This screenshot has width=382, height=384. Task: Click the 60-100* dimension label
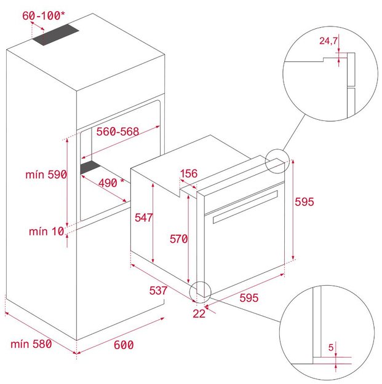tap(44, 16)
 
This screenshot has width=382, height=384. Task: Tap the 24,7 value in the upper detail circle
tap(328, 41)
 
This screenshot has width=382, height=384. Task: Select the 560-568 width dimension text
tap(117, 131)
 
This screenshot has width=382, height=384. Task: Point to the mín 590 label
tap(46, 174)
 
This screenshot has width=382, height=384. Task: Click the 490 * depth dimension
tap(111, 182)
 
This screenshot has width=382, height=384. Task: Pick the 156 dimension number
tap(189, 173)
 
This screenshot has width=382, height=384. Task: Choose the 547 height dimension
tap(144, 217)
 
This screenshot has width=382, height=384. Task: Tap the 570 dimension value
tap(179, 239)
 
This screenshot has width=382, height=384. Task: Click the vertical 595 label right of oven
tap(304, 202)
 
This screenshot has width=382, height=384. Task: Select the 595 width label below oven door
tap(249, 298)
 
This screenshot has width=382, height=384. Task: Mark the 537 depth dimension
tap(158, 291)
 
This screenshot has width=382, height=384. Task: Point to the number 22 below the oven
tap(199, 314)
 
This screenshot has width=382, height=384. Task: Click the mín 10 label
tap(47, 232)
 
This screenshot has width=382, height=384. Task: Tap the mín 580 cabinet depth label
tap(31, 344)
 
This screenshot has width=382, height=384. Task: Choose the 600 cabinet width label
tap(124, 345)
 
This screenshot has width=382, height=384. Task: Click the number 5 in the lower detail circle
tap(331, 347)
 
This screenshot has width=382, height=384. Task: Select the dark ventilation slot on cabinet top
tap(55, 34)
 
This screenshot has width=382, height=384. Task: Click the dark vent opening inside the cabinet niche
tap(90, 168)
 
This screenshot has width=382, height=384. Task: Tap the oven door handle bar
tap(245, 207)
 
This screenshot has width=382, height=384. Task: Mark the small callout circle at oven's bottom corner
tap(201, 292)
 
